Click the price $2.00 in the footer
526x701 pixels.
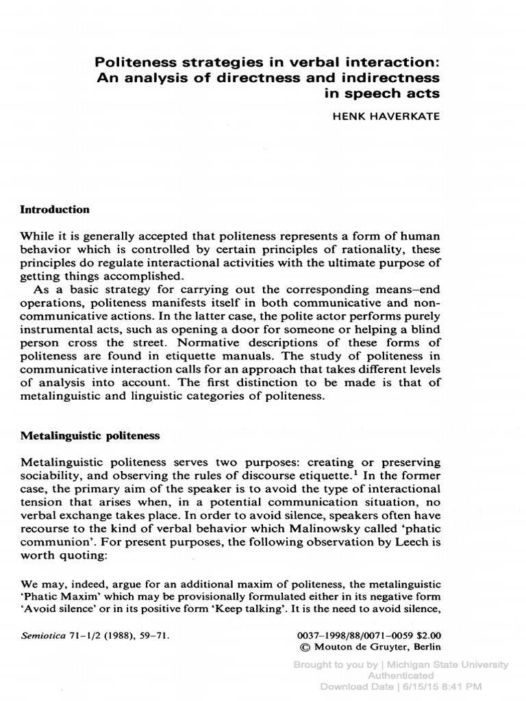tap(429, 634)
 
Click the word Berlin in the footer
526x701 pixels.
tap(426, 647)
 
